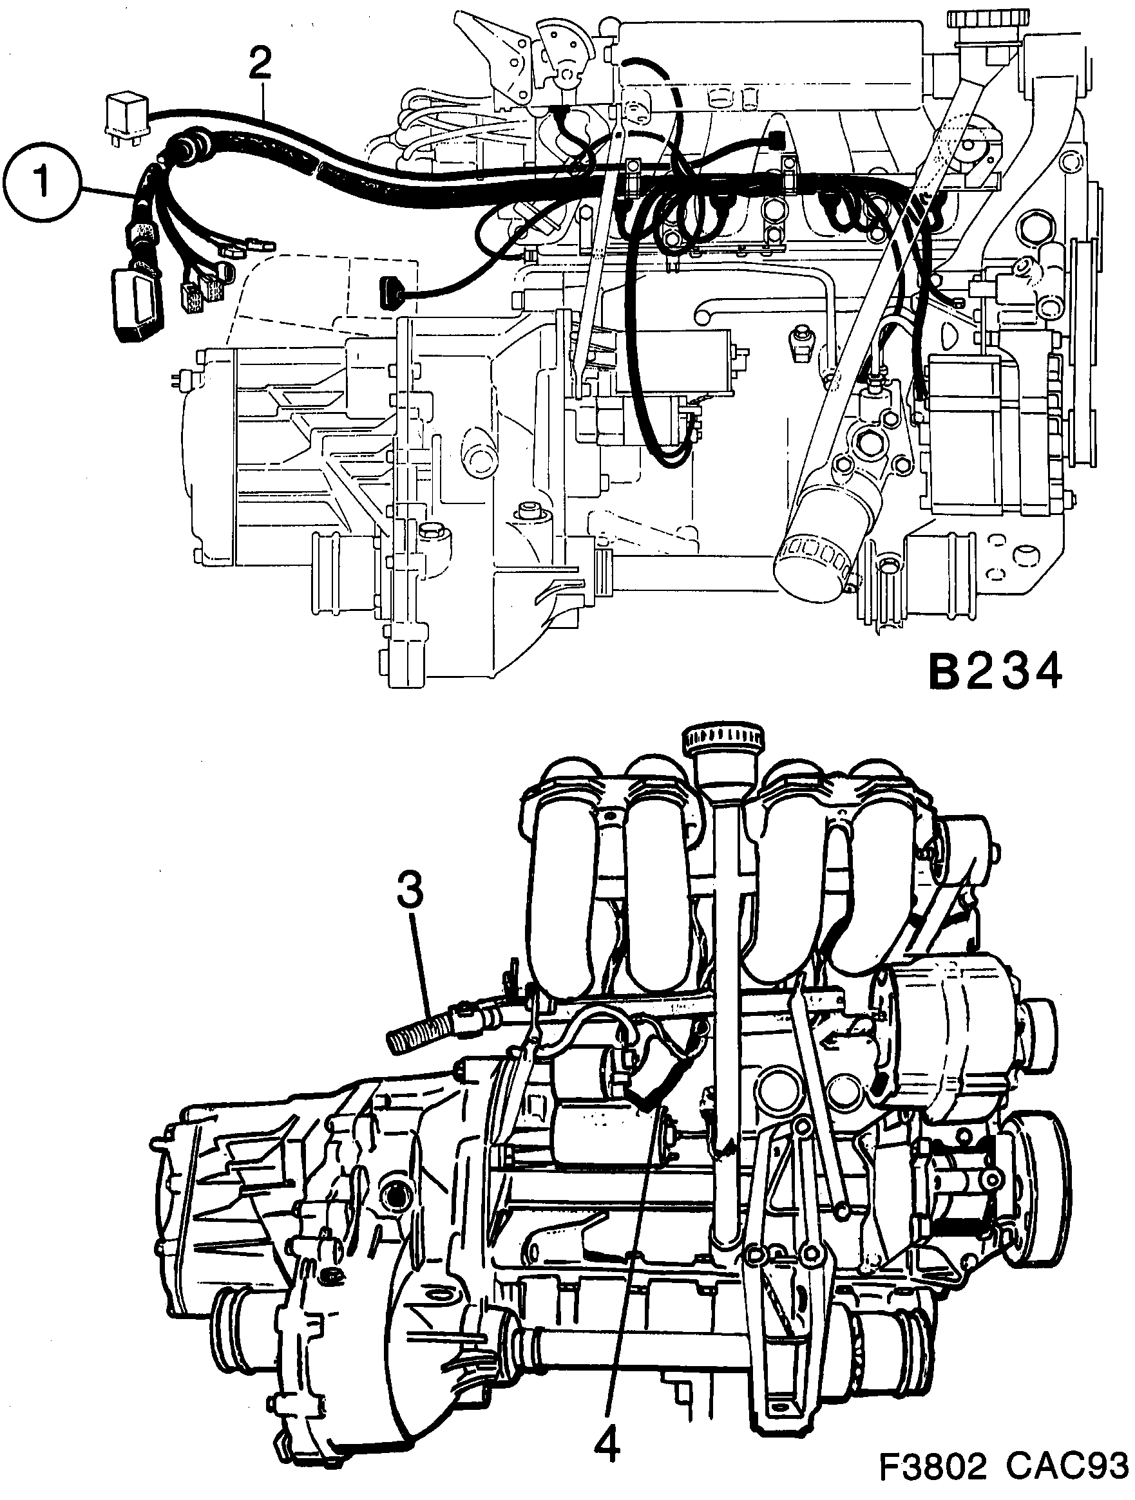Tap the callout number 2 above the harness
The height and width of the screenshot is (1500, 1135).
[260, 64]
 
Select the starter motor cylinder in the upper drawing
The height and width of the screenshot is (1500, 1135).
[672, 363]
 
